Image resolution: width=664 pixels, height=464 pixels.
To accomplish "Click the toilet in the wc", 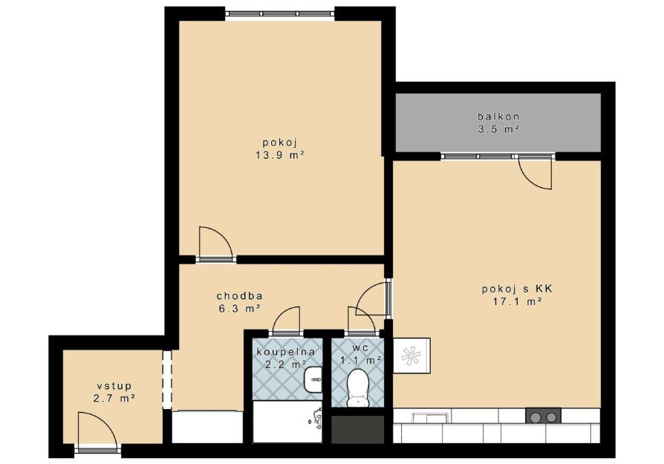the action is click(x=358, y=388).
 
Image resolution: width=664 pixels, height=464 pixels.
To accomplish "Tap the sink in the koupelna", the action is click(x=313, y=379).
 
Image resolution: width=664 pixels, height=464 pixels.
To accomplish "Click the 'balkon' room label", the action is click(x=498, y=117).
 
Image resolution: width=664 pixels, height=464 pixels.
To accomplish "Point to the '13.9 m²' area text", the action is click(x=280, y=155).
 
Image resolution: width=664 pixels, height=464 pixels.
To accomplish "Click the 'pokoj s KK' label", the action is click(x=517, y=289).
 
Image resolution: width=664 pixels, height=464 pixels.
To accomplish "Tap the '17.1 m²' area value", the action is click(x=518, y=302).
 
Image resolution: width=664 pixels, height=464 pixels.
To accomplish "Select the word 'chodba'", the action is click(x=239, y=295).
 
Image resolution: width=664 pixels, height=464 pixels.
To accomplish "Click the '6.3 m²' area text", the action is click(x=239, y=309).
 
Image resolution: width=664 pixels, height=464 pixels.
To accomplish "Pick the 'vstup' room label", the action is click(x=114, y=386).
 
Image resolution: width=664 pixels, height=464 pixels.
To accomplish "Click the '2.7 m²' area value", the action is click(x=114, y=399).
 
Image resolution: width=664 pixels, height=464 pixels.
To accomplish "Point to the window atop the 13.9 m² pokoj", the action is click(x=279, y=13).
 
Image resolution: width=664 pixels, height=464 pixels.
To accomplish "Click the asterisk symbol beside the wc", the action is click(x=409, y=356).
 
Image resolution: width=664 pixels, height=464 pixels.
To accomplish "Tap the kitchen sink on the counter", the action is click(x=429, y=418).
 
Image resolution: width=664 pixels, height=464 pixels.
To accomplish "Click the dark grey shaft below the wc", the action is click(x=357, y=429).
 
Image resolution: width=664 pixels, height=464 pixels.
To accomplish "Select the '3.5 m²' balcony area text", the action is click(x=498, y=129).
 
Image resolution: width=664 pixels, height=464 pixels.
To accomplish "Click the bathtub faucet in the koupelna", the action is click(x=316, y=419).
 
